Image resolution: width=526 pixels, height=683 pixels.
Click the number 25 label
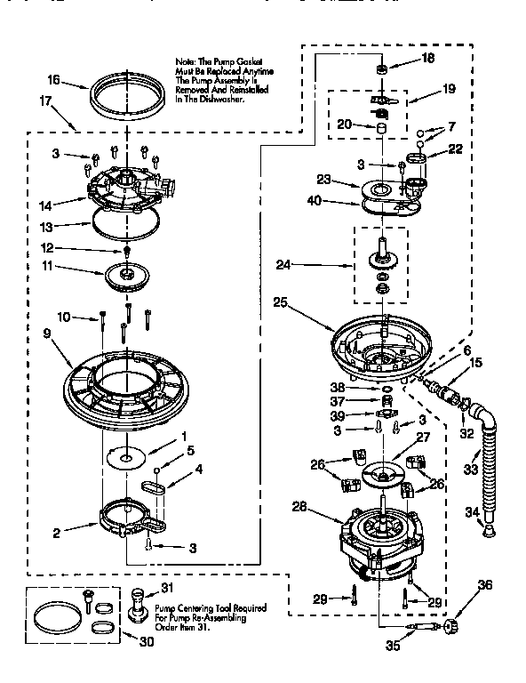(280, 301)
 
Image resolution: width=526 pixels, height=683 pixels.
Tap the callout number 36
(483, 584)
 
